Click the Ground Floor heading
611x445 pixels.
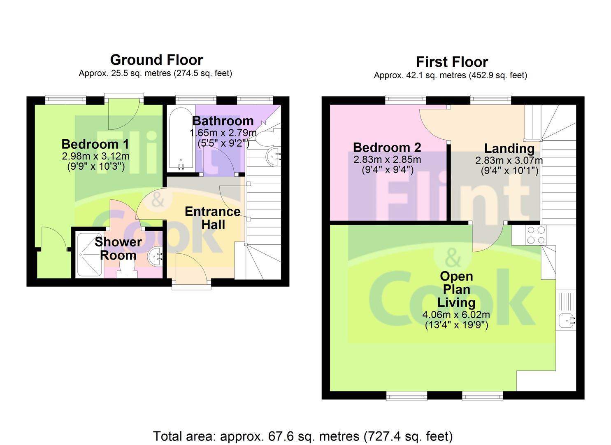coord(156,60)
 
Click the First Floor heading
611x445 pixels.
coord(452,62)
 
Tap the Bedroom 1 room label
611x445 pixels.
coord(95,144)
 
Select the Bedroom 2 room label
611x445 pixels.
coord(387,148)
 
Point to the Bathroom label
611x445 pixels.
coord(223,121)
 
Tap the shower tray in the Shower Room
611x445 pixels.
coord(89,255)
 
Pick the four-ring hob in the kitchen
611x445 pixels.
coord(536,235)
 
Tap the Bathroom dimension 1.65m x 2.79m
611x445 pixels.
coord(223,133)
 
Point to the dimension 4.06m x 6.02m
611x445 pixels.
coord(456,315)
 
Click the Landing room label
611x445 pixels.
coord(509,148)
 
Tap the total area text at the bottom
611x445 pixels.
coord(303,436)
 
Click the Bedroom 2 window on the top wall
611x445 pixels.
coord(405,98)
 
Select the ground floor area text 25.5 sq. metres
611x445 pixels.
coord(155,74)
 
